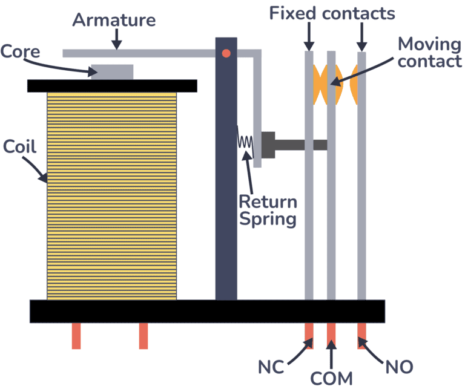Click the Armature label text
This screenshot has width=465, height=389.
(114, 19)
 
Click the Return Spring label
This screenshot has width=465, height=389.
(268, 210)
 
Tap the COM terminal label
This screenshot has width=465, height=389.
(331, 379)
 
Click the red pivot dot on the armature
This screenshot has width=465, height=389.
(226, 53)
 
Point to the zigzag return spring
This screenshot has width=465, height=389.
(245, 142)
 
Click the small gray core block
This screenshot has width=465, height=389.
(112, 71)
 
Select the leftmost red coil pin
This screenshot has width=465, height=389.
(76, 336)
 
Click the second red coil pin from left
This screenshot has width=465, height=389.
(143, 336)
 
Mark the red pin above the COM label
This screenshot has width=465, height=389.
(331, 335)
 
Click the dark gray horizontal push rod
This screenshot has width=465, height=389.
(300, 145)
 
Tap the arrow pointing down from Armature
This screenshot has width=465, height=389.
(116, 40)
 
